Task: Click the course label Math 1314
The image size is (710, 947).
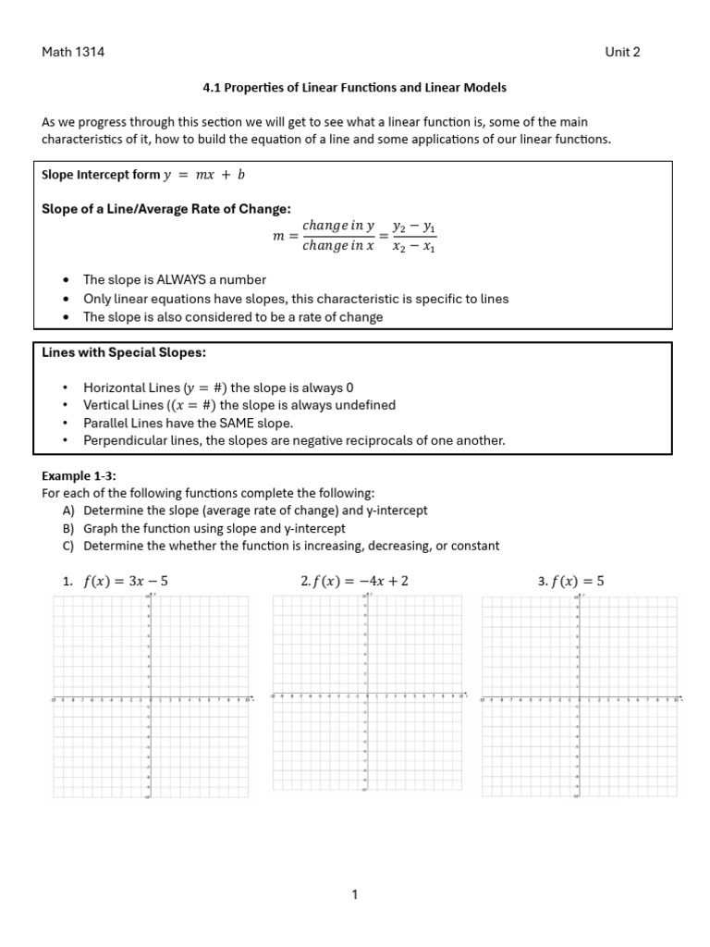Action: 73,52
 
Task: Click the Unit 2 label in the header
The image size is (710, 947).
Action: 622,52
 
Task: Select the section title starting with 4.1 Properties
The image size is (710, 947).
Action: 354,88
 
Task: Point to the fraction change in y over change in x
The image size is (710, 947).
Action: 337,236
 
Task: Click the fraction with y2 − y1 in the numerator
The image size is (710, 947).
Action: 414,236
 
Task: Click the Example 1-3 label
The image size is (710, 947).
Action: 79,475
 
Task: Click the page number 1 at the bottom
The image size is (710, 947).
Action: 355,894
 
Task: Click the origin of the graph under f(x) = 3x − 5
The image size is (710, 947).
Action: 150,698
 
